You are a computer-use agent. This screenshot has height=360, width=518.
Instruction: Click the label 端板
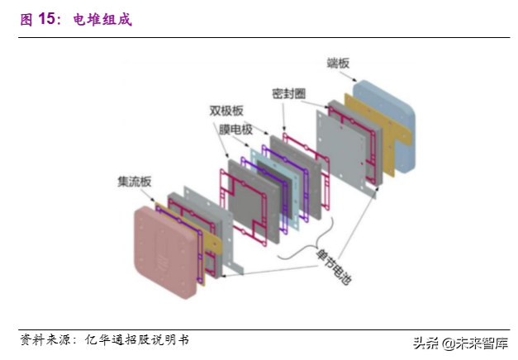point(340,61)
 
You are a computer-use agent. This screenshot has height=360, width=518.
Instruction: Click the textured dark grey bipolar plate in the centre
point(248,194)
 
